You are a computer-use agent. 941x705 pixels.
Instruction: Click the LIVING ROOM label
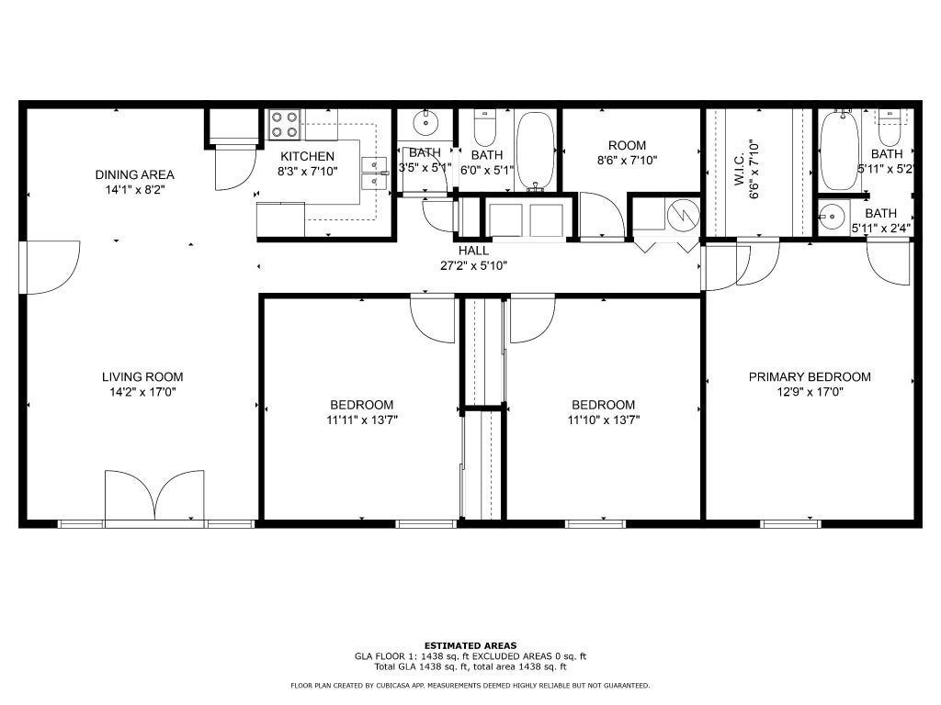[142, 377]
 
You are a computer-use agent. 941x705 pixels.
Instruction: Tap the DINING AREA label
[134, 175]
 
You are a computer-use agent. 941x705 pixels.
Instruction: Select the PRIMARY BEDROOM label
[810, 377]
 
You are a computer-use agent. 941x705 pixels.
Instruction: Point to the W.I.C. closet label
[740, 170]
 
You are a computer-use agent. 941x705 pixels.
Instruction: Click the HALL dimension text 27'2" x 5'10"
[473, 265]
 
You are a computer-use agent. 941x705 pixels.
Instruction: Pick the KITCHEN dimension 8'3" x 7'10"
[307, 171]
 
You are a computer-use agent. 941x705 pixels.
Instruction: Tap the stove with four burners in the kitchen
[285, 125]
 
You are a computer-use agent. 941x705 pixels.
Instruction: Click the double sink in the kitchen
[375, 173]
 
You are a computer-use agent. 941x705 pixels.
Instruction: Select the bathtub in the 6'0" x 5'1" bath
[536, 151]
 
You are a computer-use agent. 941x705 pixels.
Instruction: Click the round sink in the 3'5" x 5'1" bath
[425, 124]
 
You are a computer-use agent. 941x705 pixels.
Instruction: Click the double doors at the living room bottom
[154, 495]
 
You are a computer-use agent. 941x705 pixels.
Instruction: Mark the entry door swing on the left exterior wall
[50, 267]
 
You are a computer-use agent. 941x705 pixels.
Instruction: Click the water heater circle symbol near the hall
[683, 215]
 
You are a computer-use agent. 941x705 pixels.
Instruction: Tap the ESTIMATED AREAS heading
[470, 645]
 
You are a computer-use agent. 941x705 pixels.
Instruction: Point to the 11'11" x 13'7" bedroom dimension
[362, 420]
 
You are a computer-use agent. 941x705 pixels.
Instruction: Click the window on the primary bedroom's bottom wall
[790, 524]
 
